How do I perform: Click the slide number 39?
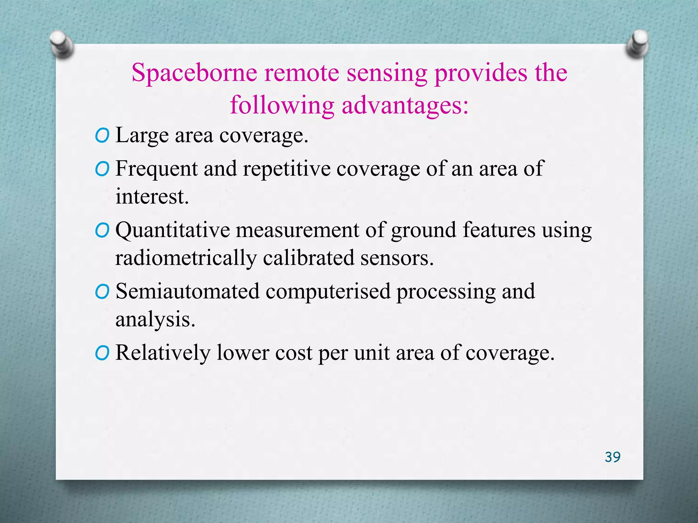pyautogui.click(x=612, y=457)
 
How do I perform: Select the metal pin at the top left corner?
pyautogui.click(x=61, y=44)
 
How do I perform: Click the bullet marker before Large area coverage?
pyautogui.click(x=102, y=136)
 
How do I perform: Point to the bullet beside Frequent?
pyautogui.click(x=102, y=169)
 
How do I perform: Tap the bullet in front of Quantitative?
pyautogui.click(x=102, y=231)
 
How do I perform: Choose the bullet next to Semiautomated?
pyautogui.click(x=102, y=292)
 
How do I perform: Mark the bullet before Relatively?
pyautogui.click(x=102, y=353)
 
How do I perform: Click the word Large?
pyautogui.click(x=142, y=136)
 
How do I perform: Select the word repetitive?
pyautogui.click(x=287, y=169)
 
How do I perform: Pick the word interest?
pyautogui.click(x=152, y=197)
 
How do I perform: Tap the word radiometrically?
pyautogui.click(x=186, y=258)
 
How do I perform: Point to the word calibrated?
pyautogui.click(x=308, y=258)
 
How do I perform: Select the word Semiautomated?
pyautogui.click(x=187, y=292)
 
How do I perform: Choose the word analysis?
pyautogui.click(x=155, y=320)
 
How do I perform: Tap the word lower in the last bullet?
pyautogui.click(x=243, y=353)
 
